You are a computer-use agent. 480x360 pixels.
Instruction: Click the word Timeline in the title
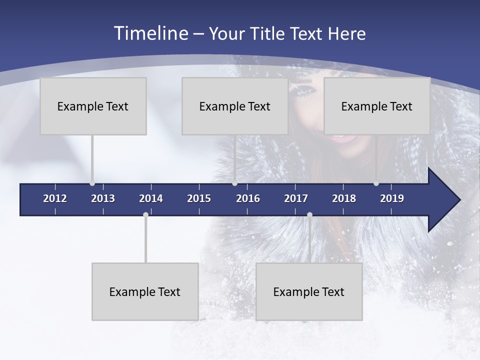coord(149,33)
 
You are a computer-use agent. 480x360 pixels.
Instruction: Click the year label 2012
coord(55,198)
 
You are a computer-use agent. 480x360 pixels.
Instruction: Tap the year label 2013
coord(103,198)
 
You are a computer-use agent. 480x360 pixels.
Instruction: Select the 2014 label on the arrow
coord(151,198)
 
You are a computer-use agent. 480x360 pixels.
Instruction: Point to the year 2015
coord(199,198)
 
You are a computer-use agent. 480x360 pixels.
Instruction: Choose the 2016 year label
coord(248,198)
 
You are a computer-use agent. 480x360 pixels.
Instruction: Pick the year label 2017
coord(296,198)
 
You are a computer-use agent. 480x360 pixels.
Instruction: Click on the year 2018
coord(344,198)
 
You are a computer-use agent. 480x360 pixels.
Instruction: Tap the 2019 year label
coord(392,198)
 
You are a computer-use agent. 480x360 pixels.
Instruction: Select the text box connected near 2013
coord(93,106)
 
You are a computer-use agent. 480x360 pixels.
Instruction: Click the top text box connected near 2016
coord(234,106)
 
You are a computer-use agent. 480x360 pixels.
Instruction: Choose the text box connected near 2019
coord(376,106)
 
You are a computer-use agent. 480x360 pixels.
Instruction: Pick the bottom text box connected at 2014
coord(145,291)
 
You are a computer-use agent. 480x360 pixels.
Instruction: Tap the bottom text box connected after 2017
coord(309,291)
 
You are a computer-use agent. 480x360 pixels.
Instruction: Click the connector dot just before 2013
coord(92,183)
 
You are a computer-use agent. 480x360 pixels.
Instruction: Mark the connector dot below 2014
coord(145,215)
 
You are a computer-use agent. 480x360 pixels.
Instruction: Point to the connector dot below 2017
coord(309,215)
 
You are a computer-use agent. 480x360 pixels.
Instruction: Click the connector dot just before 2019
coord(376,183)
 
